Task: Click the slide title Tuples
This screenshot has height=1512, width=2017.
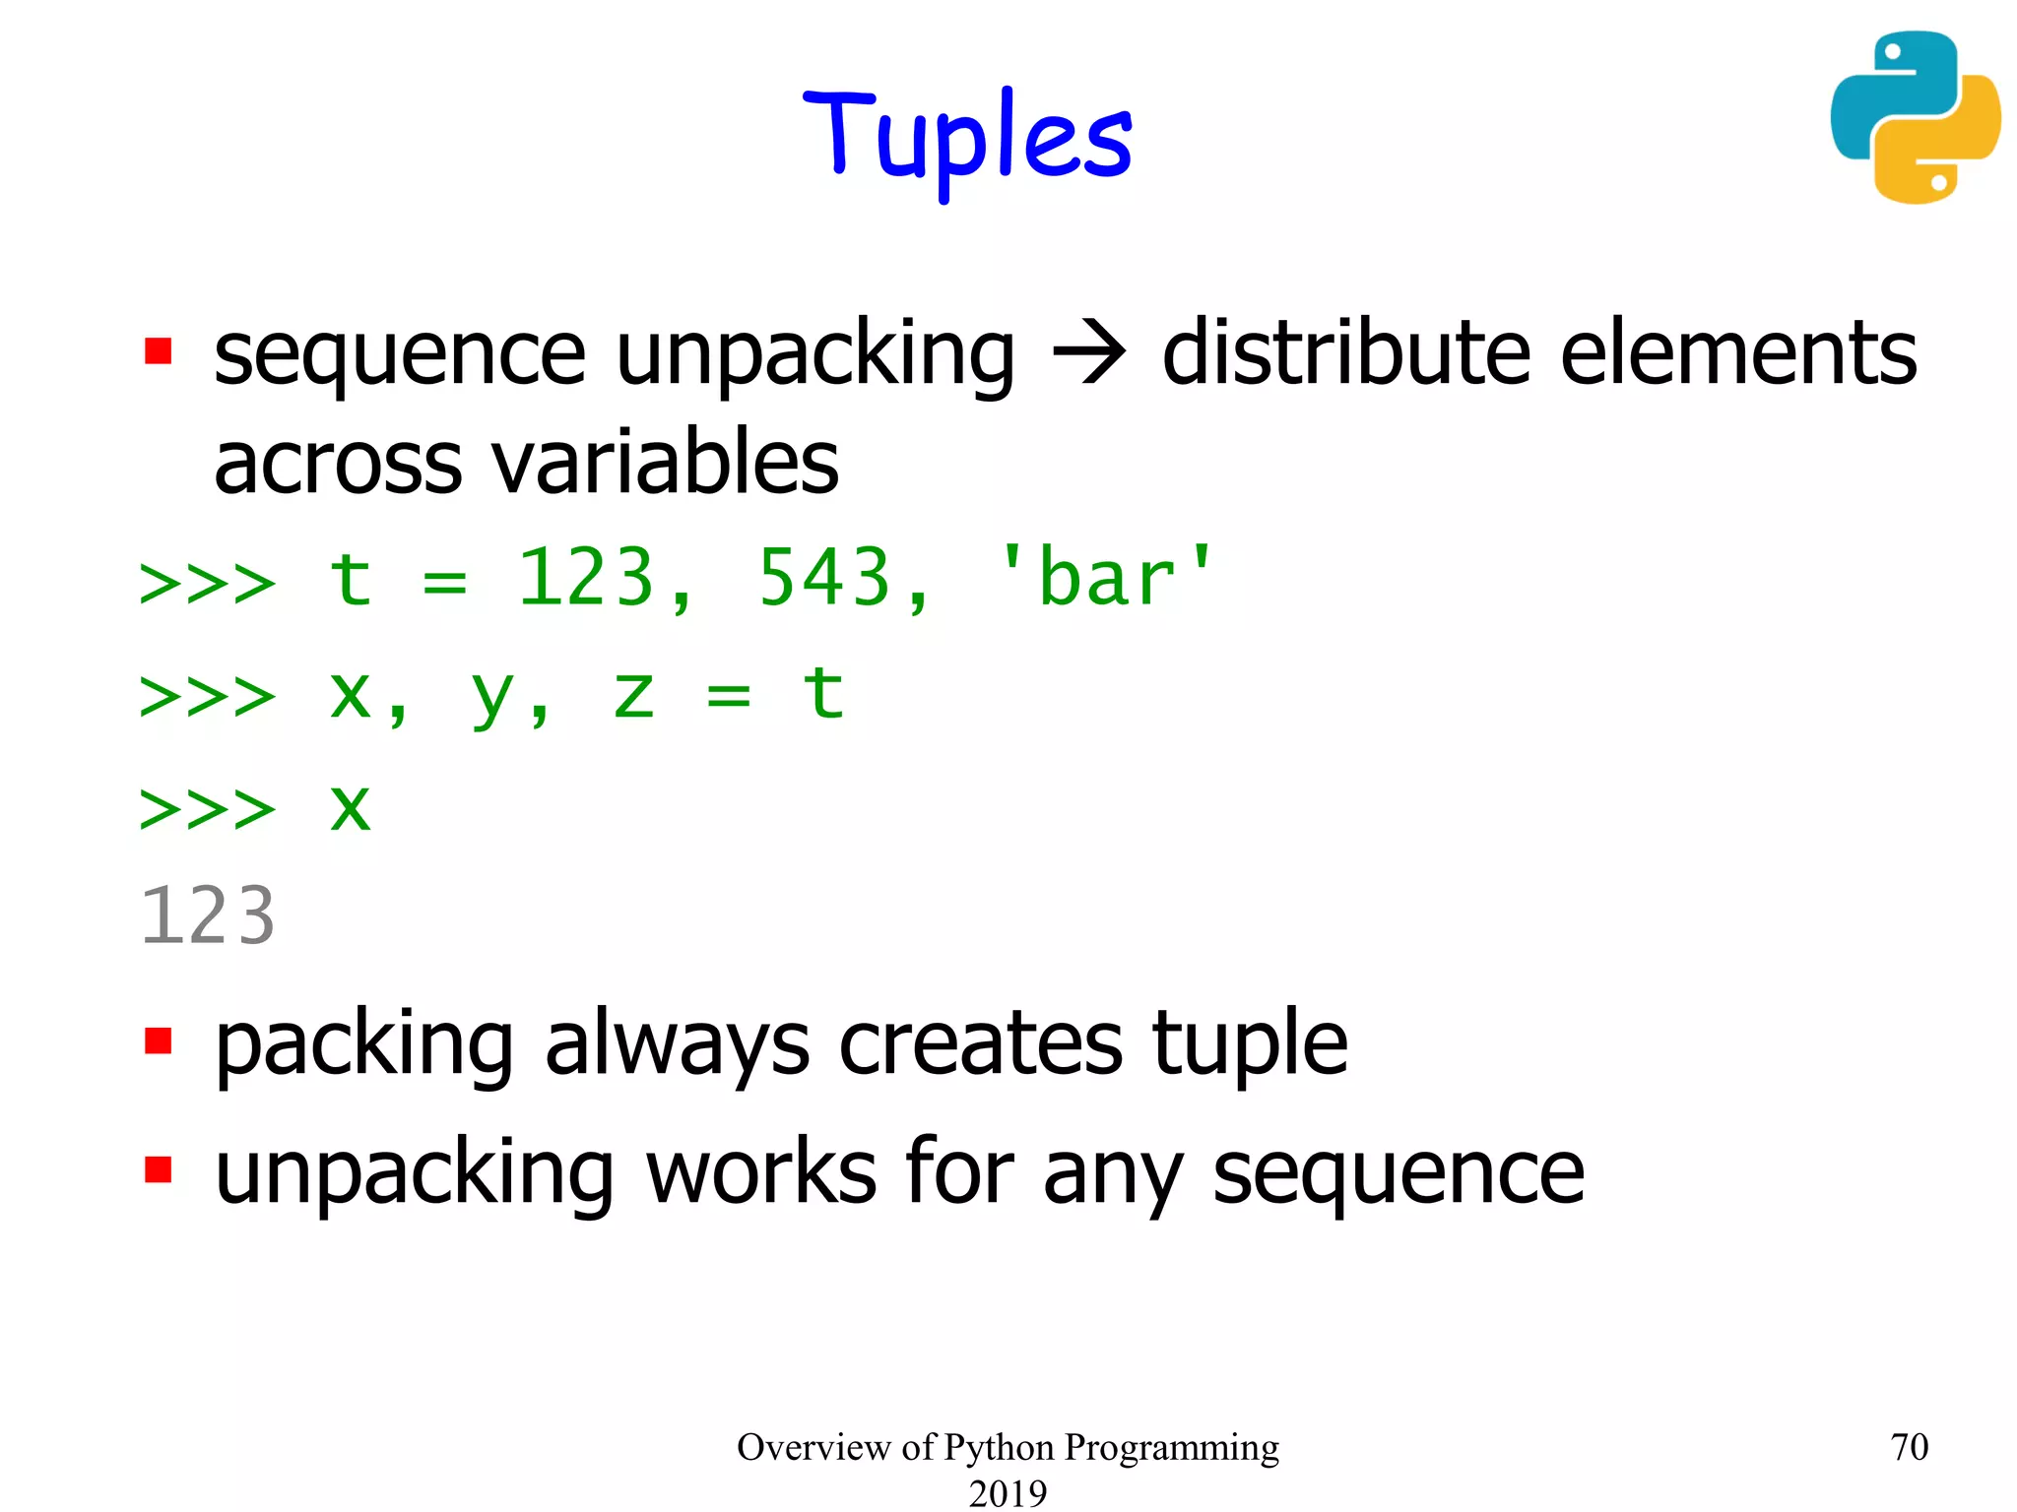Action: [x=968, y=138]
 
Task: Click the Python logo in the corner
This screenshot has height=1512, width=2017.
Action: [x=1915, y=118]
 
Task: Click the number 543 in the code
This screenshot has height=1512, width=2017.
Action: [x=824, y=579]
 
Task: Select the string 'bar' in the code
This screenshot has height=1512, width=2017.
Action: [x=1106, y=577]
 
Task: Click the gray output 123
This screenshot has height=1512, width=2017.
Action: [x=208, y=916]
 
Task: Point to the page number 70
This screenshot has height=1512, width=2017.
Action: [x=1909, y=1447]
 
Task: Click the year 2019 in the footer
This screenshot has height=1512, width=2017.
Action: [x=1008, y=1493]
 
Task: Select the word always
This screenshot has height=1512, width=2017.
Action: [x=678, y=1045]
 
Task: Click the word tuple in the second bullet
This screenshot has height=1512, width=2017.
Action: [x=1249, y=1045]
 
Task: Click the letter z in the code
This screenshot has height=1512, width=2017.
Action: [x=633, y=695]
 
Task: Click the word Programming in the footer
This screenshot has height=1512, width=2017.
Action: [x=1171, y=1447]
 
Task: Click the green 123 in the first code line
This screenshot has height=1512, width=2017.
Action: [x=586, y=579]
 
